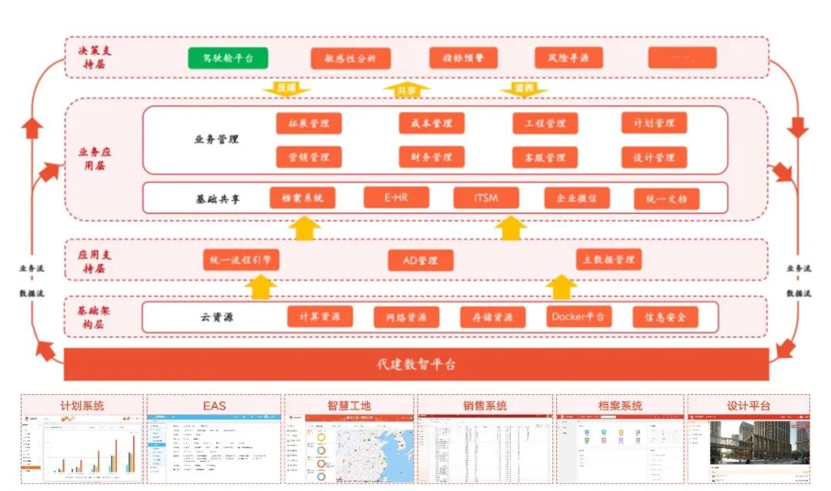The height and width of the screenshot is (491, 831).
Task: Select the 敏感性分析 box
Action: click(350, 58)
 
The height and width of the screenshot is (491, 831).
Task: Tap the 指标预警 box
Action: click(462, 58)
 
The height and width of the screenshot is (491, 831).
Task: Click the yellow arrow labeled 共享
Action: click(406, 90)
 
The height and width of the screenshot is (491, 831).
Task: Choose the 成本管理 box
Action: click(431, 123)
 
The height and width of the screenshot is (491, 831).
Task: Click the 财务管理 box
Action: click(431, 157)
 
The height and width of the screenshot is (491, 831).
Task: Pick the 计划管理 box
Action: click(654, 123)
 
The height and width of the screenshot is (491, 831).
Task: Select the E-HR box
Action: click(396, 198)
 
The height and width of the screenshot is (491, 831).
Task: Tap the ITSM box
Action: click(486, 198)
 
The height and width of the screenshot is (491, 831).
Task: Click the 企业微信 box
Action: click(576, 198)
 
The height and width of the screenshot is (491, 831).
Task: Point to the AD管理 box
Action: click(420, 260)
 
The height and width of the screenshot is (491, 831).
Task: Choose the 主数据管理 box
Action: click(609, 259)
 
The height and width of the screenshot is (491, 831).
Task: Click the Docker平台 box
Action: click(578, 316)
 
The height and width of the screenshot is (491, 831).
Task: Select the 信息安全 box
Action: click(666, 316)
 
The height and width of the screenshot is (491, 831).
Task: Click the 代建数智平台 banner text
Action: click(416, 364)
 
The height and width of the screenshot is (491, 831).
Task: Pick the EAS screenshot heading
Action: click(214, 405)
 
